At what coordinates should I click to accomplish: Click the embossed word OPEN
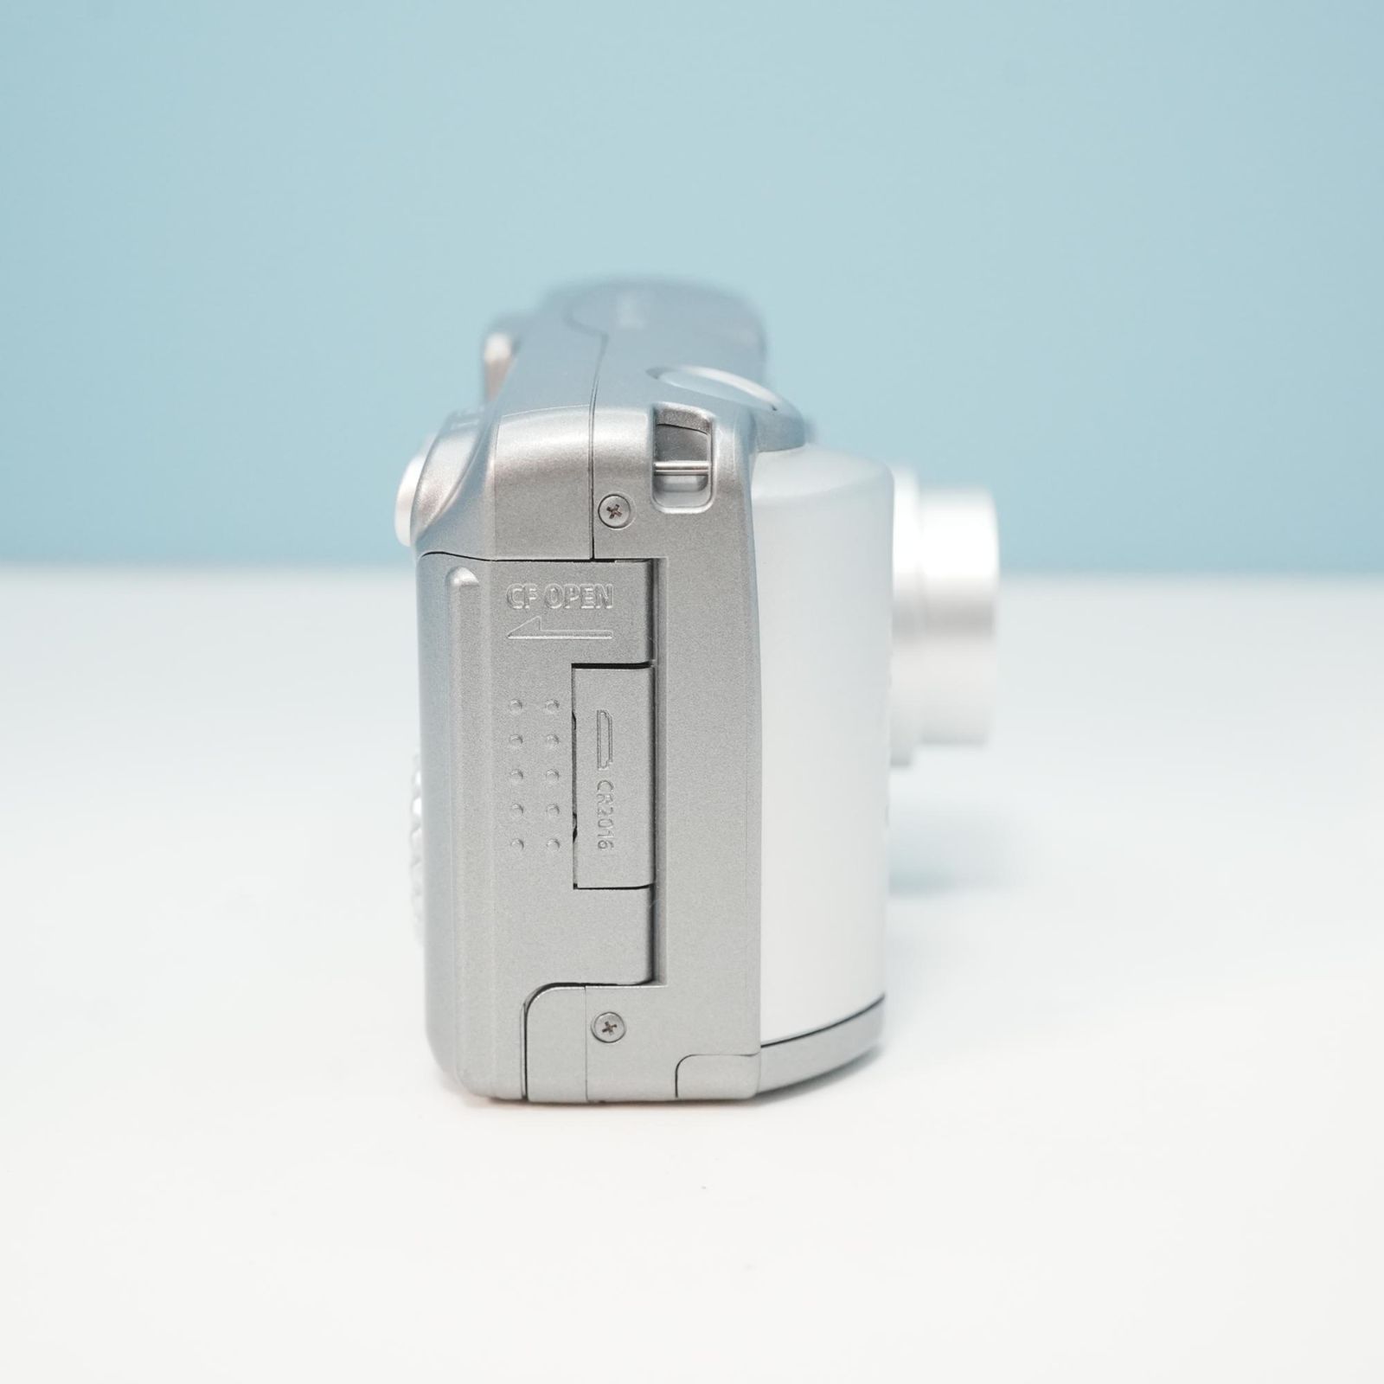583,598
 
